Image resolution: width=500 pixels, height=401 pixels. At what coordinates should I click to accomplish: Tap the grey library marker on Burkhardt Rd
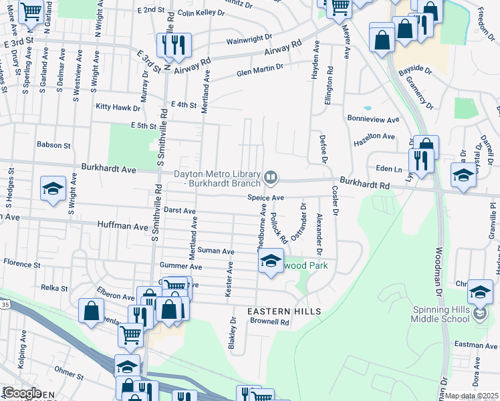pos(271,177)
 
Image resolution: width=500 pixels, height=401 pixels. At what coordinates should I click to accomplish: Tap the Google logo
pos(21,393)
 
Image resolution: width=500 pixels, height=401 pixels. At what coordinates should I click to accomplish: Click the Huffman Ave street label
pos(122,227)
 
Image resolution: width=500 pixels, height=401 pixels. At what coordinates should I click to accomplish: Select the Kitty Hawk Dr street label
pos(118,107)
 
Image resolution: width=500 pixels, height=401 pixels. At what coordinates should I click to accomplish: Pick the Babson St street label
pos(53,144)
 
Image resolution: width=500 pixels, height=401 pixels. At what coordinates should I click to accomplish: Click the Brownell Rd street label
pos(269,321)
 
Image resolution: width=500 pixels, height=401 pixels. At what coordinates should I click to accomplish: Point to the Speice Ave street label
pos(266,198)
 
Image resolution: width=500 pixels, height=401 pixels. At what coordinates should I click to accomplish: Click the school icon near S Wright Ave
pos(53,189)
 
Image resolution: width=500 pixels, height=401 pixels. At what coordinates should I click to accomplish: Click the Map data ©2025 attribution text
pos(472,396)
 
